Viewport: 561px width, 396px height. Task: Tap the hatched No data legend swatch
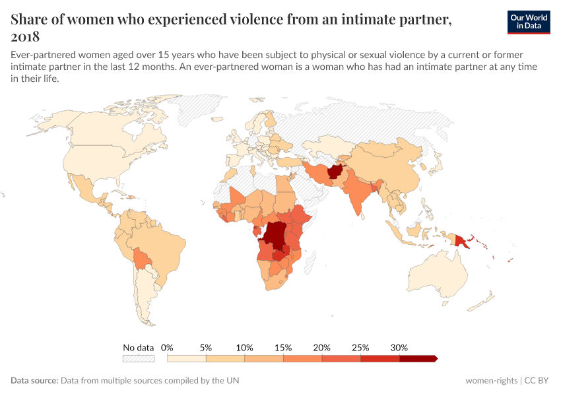(x=138, y=358)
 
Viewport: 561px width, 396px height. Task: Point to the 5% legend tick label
(x=206, y=347)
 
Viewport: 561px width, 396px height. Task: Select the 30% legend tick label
(x=399, y=347)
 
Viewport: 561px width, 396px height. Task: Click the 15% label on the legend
(x=283, y=347)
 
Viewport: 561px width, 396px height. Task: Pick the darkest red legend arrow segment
(x=418, y=358)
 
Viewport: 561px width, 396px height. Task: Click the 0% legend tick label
(x=167, y=347)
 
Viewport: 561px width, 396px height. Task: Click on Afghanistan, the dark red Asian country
(x=335, y=174)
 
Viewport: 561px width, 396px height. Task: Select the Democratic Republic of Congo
(x=275, y=236)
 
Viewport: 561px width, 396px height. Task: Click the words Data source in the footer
(x=34, y=381)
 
